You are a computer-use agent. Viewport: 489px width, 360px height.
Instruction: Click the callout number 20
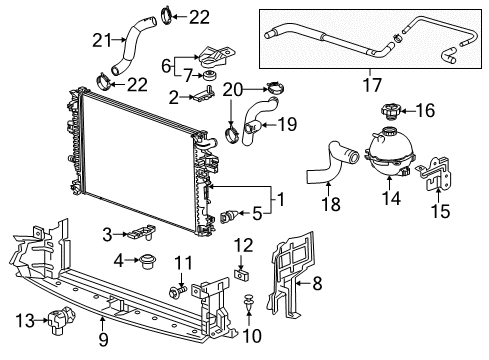[x=232, y=89]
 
